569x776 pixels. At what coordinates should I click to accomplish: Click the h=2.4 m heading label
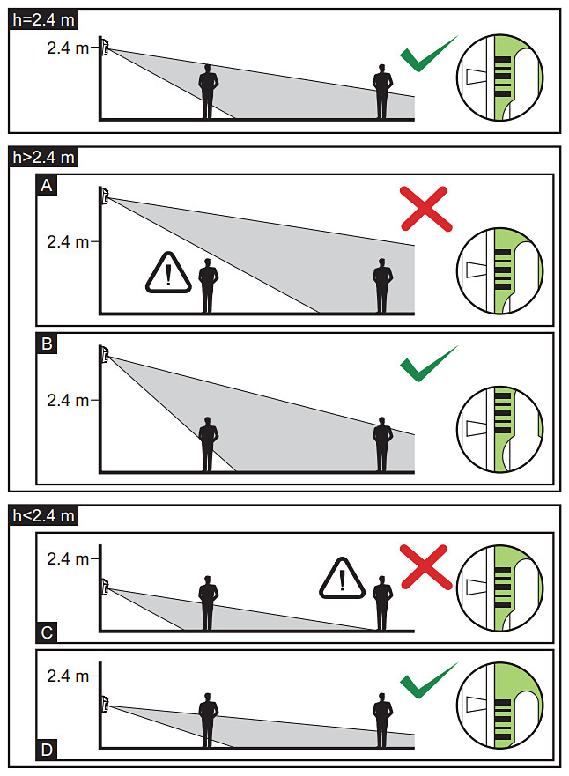[43, 20]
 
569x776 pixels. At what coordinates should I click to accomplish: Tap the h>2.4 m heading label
[43, 158]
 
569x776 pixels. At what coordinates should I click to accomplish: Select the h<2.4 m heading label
[43, 515]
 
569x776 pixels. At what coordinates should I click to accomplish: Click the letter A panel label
[47, 186]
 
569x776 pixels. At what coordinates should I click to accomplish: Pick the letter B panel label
[47, 344]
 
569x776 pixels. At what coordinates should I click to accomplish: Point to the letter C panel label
[47, 632]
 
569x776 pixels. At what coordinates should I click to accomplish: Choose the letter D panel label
[47, 750]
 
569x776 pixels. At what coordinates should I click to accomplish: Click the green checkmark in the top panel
[427, 55]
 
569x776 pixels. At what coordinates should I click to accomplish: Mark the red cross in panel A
[425, 209]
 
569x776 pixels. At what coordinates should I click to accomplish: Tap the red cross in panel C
[425, 567]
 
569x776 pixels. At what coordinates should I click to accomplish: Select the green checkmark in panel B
[427, 365]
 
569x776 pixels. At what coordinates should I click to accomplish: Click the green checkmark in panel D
[427, 681]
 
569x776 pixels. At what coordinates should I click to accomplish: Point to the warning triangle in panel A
[168, 273]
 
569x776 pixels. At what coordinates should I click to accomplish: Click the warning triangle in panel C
[343, 578]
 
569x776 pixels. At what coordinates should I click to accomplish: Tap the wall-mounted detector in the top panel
[105, 46]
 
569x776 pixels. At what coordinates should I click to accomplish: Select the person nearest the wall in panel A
[208, 285]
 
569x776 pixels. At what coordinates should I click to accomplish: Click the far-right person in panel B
[382, 444]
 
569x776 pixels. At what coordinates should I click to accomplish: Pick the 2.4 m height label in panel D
[68, 676]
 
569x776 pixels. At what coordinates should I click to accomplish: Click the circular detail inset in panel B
[499, 430]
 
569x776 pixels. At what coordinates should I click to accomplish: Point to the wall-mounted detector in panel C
[105, 587]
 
